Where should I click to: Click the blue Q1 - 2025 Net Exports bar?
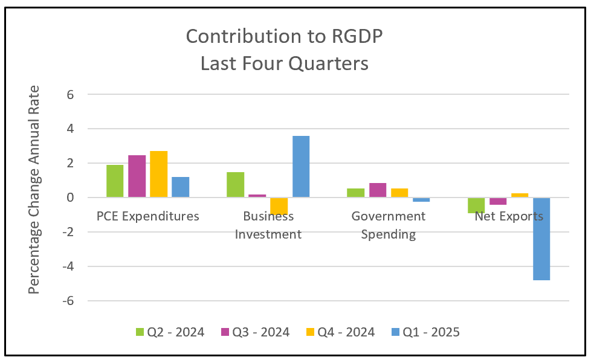point(541,239)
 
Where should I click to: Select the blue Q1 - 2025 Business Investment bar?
point(301,167)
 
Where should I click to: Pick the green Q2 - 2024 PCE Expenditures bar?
point(115,181)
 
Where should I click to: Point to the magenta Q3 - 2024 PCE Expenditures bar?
point(137,176)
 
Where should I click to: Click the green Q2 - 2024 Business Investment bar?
point(236,185)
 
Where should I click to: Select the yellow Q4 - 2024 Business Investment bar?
point(279,206)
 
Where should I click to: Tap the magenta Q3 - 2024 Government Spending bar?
point(378,190)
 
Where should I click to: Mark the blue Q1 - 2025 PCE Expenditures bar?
point(181,187)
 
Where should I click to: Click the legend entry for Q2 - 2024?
point(171,332)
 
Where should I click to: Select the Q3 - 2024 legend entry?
point(256,332)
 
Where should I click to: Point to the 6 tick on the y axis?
point(70,95)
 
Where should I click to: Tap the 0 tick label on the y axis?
point(70,198)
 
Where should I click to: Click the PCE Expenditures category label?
point(148,216)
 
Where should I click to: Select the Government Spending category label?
point(389,225)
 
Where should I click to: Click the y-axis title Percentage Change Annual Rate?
point(34,190)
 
